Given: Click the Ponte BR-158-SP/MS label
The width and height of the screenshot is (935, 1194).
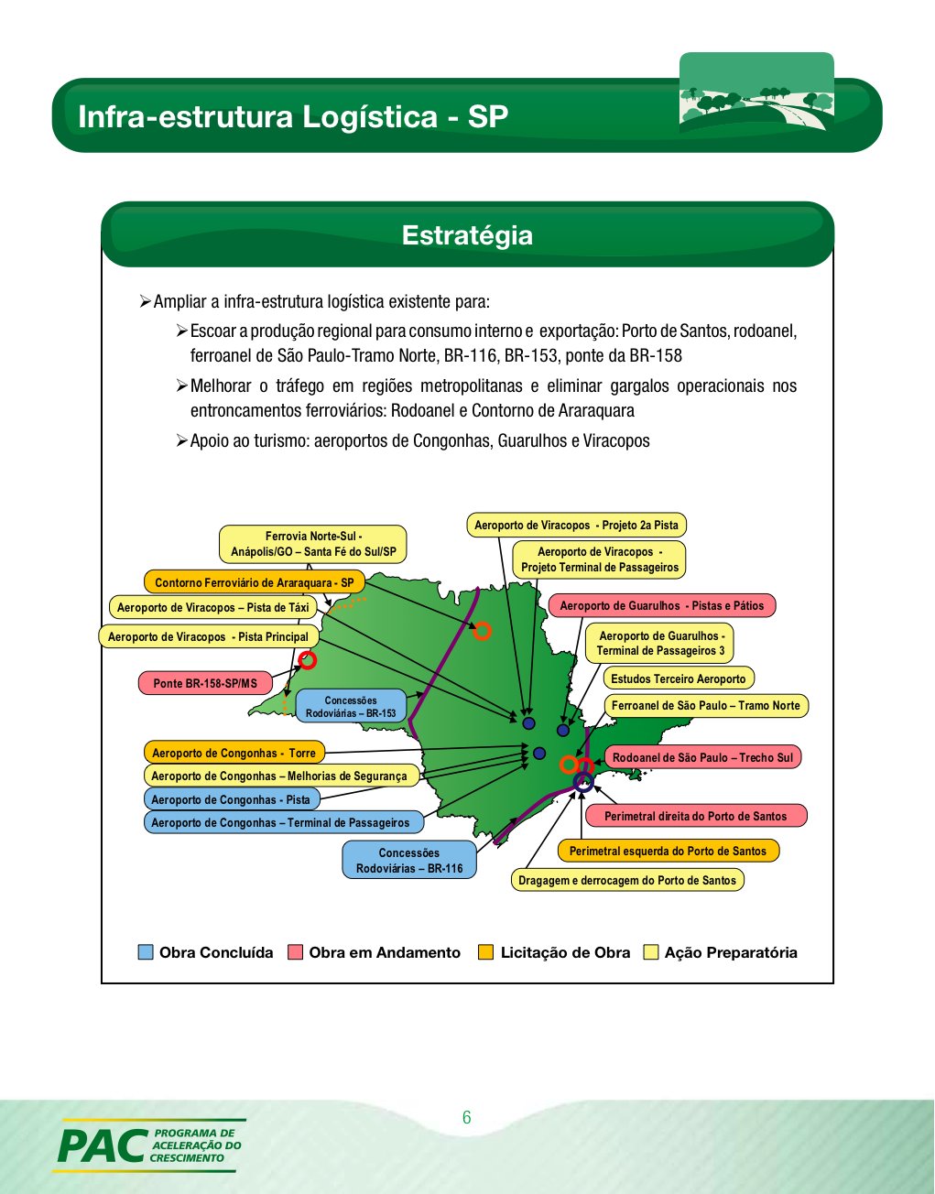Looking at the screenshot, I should point(205,683).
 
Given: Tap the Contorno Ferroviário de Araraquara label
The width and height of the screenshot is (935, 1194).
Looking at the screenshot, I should point(254,582).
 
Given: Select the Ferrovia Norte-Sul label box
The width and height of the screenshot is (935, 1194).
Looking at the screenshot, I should point(313,544).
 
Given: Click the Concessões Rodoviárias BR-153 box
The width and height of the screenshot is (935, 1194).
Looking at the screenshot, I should point(351,706).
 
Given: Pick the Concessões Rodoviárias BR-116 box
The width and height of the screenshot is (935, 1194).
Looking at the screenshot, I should point(409,860).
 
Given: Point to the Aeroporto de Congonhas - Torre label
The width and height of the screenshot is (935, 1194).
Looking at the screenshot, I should point(234,753).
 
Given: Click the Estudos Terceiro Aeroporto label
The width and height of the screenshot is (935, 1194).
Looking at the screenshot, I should point(678,678).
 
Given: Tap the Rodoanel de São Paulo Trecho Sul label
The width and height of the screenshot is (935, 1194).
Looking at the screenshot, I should point(702,757).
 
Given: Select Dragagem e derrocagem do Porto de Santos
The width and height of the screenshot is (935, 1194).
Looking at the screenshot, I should point(626,880).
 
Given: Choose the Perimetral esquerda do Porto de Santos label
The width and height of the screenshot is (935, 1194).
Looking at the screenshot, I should point(668,851).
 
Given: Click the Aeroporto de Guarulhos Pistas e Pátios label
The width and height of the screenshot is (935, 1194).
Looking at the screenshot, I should point(661,605).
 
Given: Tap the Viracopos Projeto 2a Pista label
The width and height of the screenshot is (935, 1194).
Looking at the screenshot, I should point(576,525).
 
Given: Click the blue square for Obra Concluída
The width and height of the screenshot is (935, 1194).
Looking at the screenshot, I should point(146,952).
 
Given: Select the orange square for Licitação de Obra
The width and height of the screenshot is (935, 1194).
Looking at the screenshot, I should point(486,952).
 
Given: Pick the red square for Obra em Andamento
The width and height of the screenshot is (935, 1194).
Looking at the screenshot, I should point(295,952).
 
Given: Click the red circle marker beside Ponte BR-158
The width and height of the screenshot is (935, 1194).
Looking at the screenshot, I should point(308,660).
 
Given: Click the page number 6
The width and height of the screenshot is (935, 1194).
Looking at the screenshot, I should point(467,1117).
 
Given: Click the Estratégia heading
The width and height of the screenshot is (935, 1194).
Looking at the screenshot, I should point(467,235).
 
